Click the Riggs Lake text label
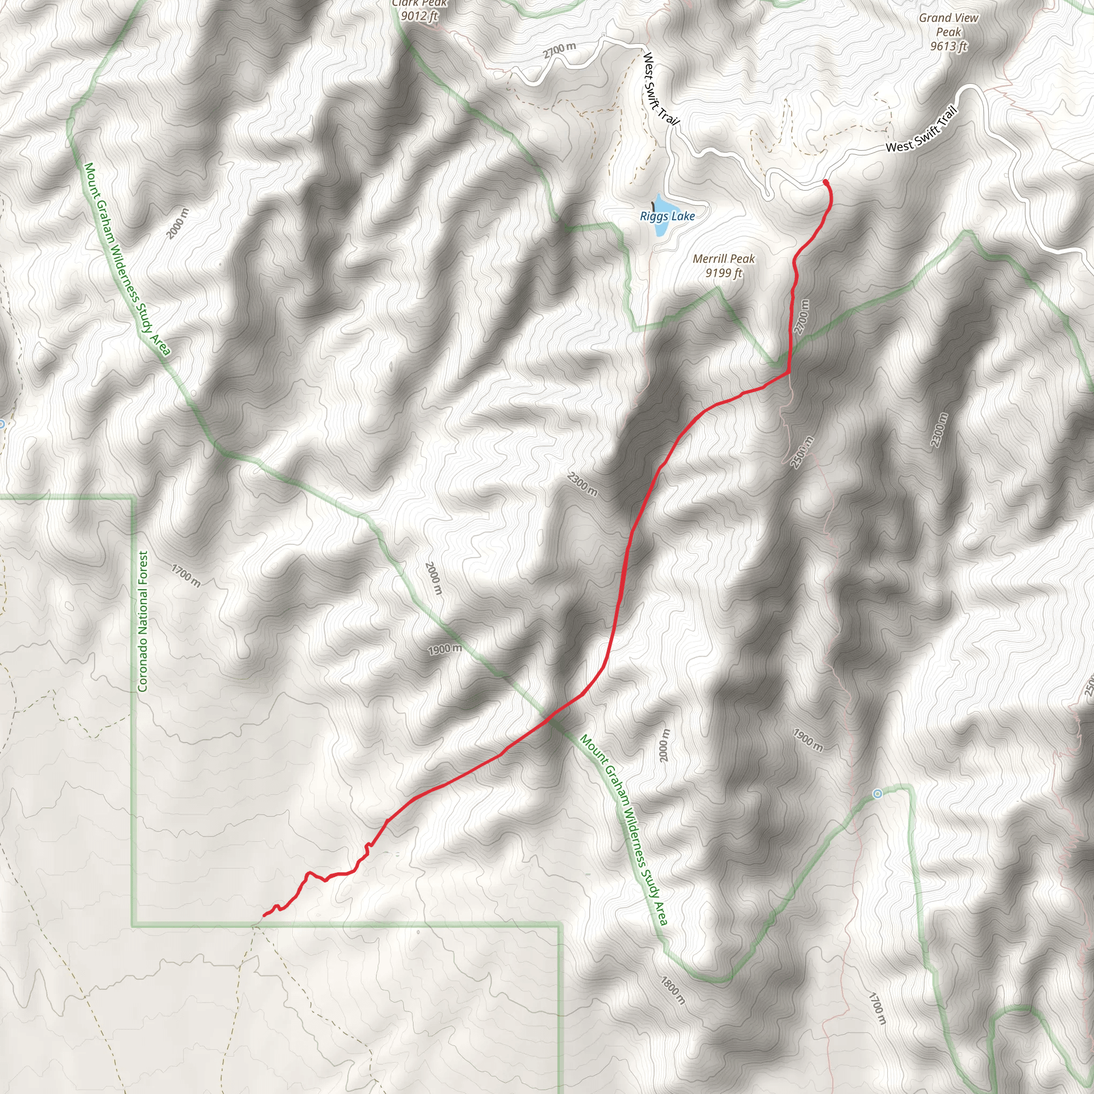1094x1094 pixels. click(667, 216)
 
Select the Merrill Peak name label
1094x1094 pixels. click(724, 259)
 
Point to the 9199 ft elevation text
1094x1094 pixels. click(724, 273)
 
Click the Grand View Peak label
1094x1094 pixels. click(949, 25)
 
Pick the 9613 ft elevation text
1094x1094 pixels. click(949, 46)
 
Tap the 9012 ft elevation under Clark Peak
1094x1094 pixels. click(419, 16)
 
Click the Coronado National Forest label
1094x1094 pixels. click(143, 621)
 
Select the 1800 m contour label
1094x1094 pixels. click(673, 990)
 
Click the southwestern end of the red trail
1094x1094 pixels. click(265, 915)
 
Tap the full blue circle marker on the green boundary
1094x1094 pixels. click(877, 793)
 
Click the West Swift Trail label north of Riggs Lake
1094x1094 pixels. click(660, 88)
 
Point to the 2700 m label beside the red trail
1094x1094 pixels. click(802, 317)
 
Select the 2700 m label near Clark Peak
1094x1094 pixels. click(559, 50)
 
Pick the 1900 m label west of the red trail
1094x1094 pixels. click(444, 649)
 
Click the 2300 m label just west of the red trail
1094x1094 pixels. click(582, 484)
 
